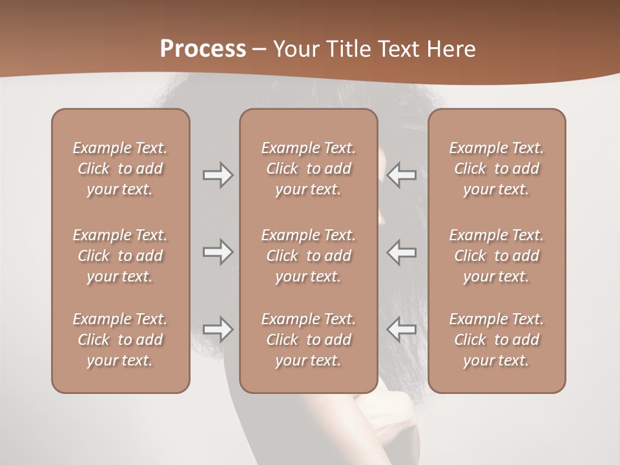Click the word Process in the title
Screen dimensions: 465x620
[x=203, y=49]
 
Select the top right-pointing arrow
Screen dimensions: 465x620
[x=218, y=175]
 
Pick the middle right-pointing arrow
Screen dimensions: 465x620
[x=218, y=252]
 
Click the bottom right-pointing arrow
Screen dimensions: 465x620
[x=218, y=329]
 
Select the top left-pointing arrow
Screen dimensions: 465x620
[x=402, y=175]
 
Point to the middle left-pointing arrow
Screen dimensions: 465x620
[x=402, y=252]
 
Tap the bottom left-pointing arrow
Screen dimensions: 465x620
[x=402, y=329]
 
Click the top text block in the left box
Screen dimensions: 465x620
[x=120, y=169]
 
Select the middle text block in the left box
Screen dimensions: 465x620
[x=120, y=256]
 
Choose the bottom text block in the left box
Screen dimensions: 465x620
[x=120, y=340]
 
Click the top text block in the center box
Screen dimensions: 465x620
[x=308, y=169]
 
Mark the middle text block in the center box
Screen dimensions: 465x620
[x=308, y=256]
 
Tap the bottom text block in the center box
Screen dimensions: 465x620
[x=308, y=340]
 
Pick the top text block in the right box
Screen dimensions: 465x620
[x=496, y=169]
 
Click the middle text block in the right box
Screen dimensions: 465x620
[x=496, y=256]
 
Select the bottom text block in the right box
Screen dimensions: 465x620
[x=496, y=340]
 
